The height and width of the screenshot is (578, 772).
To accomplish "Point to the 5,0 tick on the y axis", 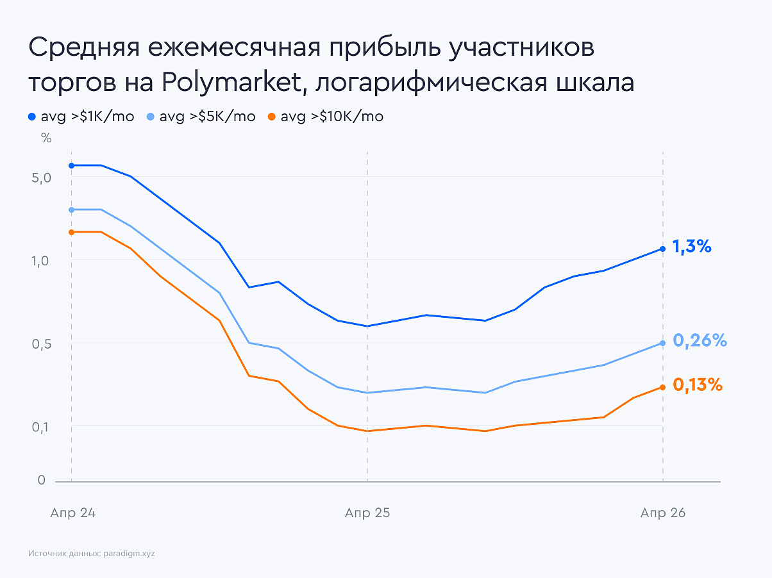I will click(x=40, y=178).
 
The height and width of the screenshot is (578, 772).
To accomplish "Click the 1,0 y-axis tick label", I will click(x=40, y=261).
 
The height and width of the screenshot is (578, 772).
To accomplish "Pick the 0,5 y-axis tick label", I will click(x=40, y=344).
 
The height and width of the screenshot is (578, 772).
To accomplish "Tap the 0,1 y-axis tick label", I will click(x=40, y=427).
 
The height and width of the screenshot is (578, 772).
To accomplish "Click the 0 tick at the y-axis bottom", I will click(x=42, y=480).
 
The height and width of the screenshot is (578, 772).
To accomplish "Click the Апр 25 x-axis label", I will click(x=367, y=513).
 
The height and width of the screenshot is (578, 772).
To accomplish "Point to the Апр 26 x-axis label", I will click(x=662, y=513).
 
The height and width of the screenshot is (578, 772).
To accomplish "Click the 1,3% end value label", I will click(x=692, y=246).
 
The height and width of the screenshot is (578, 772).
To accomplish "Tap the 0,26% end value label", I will click(x=700, y=341).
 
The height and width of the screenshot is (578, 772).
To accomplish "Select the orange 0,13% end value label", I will click(x=698, y=385).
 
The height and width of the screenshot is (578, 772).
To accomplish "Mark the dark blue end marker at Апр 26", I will click(x=662, y=249).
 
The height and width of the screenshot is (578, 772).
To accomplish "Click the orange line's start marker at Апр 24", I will click(x=71, y=232).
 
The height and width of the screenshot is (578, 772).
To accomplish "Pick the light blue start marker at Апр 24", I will click(x=71, y=210).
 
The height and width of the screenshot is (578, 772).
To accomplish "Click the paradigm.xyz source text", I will click(x=129, y=553).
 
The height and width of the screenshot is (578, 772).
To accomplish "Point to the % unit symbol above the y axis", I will click(x=46, y=138).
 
